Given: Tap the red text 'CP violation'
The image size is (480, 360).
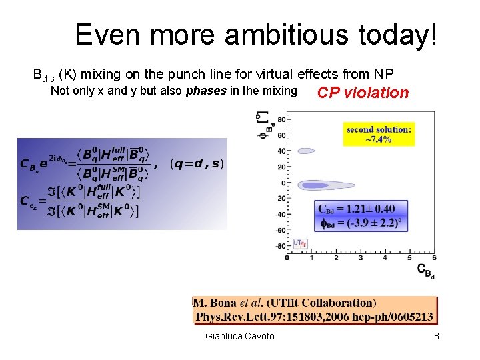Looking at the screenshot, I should [x=363, y=93].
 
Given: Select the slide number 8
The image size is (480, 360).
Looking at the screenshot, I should [x=436, y=336].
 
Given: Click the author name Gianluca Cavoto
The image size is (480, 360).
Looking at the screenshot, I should [x=240, y=336].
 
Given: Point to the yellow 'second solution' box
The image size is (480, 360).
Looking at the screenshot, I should [x=379, y=134].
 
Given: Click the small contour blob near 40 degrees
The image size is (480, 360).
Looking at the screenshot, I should [x=306, y=151].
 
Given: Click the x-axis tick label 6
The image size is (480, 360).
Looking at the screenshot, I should [x=434, y=257].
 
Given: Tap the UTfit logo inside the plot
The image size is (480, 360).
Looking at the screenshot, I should [x=301, y=244].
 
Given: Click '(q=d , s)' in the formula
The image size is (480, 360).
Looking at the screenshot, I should [x=197, y=163].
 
